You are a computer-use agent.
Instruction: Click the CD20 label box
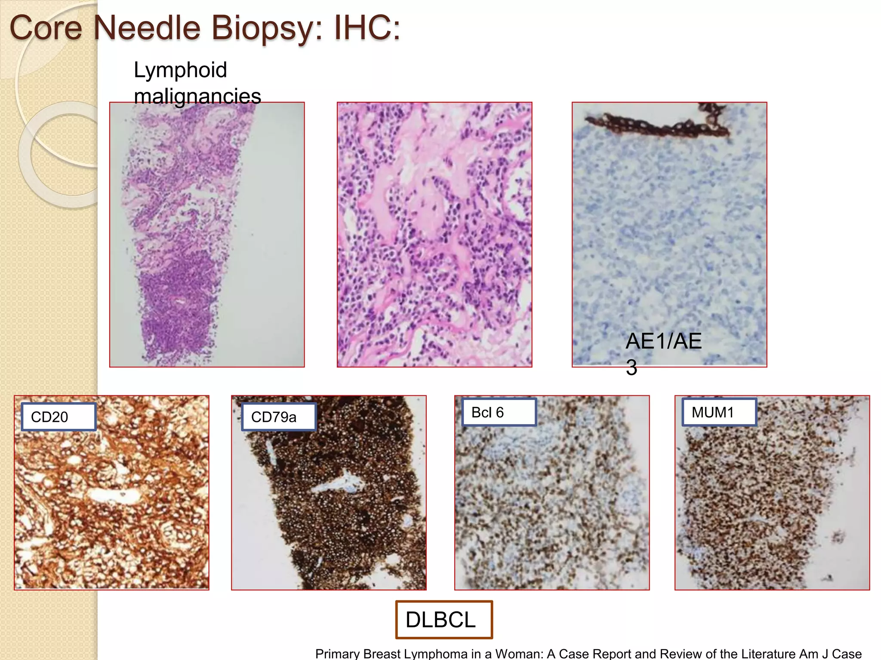click(59, 417)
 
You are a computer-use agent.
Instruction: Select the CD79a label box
click(278, 417)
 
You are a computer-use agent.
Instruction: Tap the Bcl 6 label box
click(499, 412)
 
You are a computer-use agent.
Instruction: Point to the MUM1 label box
click(719, 412)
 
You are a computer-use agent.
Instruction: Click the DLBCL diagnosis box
click(444, 620)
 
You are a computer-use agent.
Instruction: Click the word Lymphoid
click(180, 70)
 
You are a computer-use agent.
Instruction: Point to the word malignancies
click(197, 96)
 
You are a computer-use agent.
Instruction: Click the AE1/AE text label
click(663, 342)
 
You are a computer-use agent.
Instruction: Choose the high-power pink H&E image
click(434, 235)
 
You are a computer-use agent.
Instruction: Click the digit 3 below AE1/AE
click(631, 368)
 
